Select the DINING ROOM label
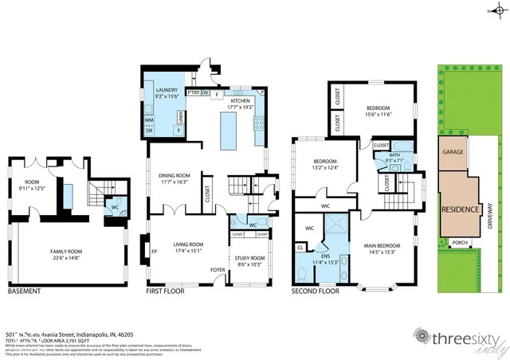point(175,178)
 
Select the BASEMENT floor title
point(24,292)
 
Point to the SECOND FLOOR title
point(316,292)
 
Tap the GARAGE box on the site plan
point(453,151)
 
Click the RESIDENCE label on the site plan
point(460,209)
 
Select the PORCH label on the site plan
point(459,242)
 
